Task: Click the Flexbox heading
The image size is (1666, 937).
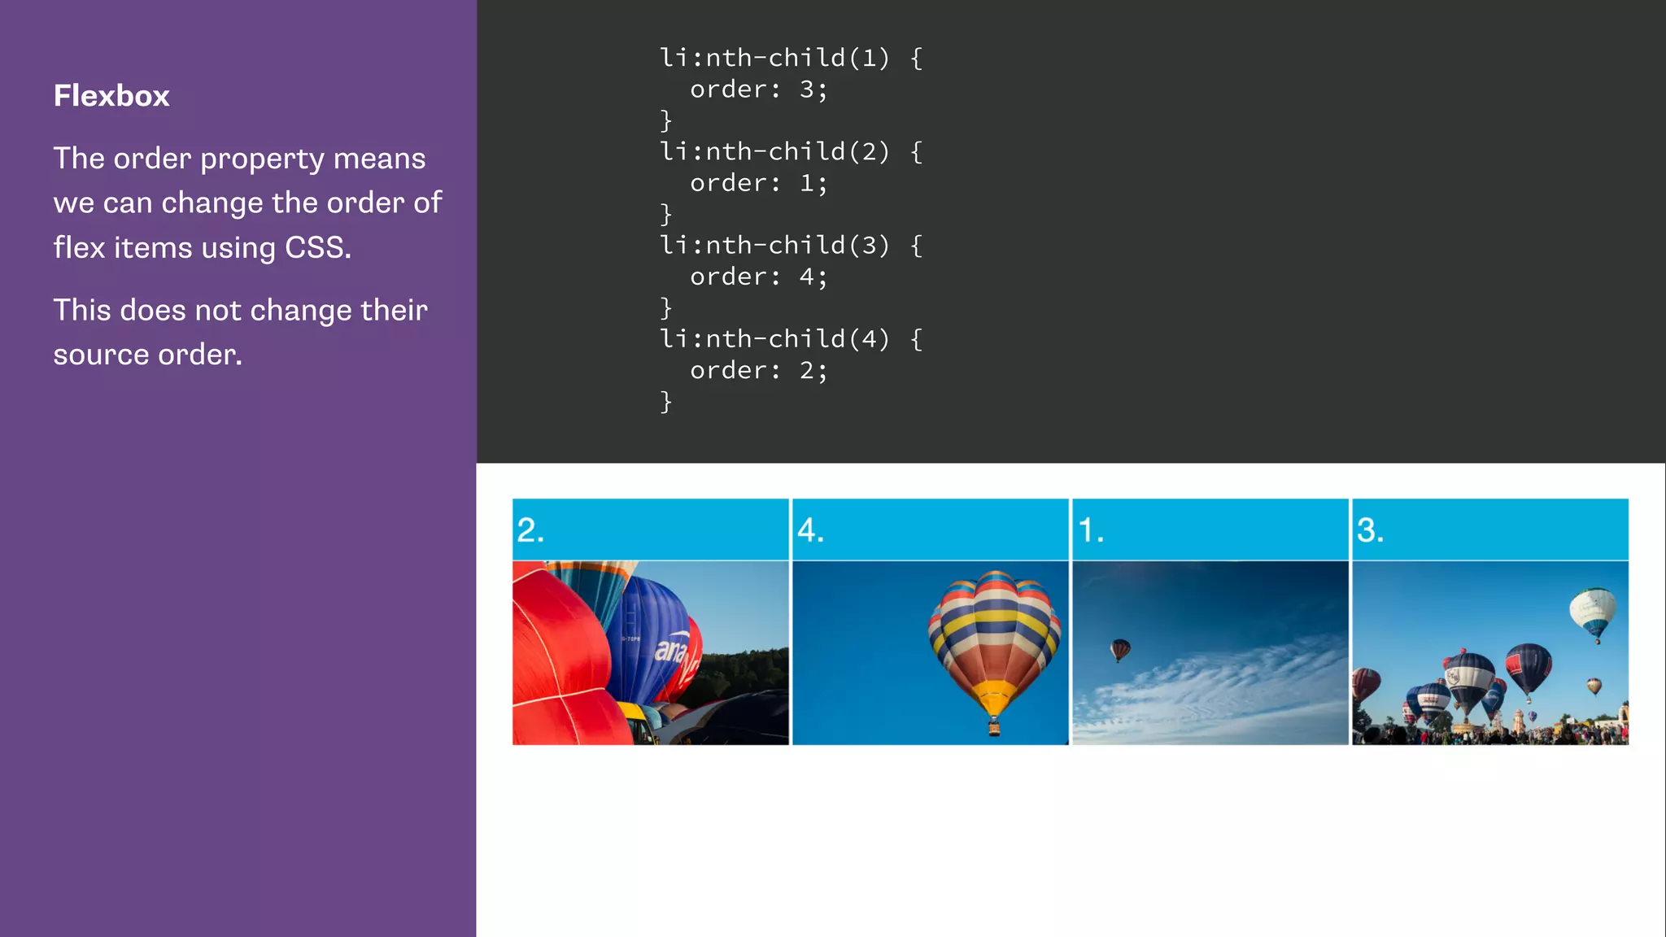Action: pyautogui.click(x=111, y=96)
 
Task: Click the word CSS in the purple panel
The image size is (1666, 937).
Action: pyautogui.click(x=317, y=247)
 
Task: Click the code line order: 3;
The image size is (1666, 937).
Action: pyautogui.click(x=758, y=89)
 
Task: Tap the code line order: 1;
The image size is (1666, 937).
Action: pyautogui.click(x=758, y=183)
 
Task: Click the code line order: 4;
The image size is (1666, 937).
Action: pyautogui.click(x=758, y=277)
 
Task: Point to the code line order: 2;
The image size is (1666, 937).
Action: pyautogui.click(x=758, y=370)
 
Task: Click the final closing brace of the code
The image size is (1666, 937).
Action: pyautogui.click(x=665, y=402)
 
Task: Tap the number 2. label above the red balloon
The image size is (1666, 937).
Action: pyautogui.click(x=530, y=530)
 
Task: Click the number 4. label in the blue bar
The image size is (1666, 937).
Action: pyautogui.click(x=810, y=530)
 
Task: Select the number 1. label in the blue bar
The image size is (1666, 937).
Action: pyautogui.click(x=1091, y=530)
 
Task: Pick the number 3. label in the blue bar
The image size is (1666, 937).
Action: pyautogui.click(x=1370, y=530)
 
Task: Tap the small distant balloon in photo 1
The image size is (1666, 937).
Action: pyautogui.click(x=1120, y=649)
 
